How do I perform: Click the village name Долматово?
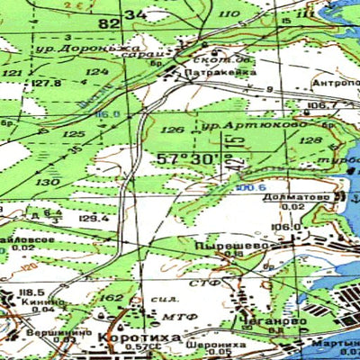(x=298, y=195)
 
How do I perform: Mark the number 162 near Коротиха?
(x=112, y=298)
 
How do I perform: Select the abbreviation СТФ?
(x=211, y=283)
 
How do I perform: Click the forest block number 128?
(x=309, y=141)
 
